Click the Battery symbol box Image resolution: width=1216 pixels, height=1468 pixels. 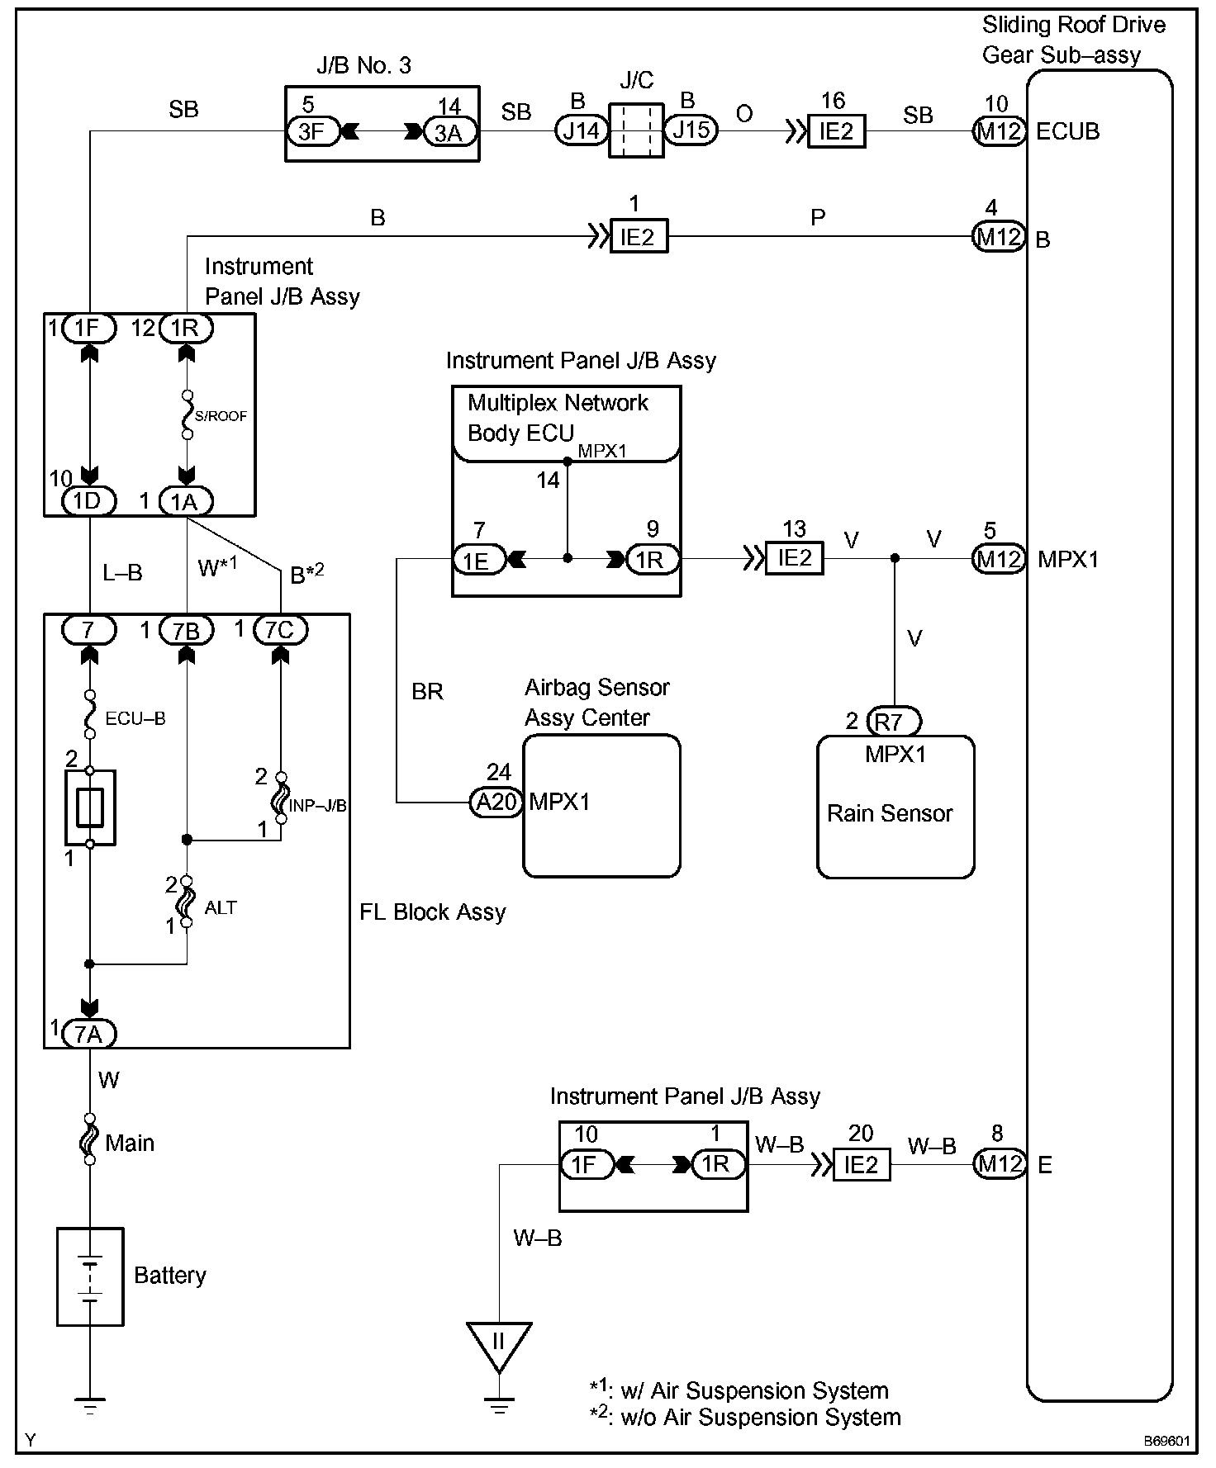(90, 1276)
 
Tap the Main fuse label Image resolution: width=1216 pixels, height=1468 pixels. (130, 1143)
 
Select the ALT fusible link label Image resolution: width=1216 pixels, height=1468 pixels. (221, 907)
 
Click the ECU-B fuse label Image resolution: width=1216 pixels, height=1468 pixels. (135, 718)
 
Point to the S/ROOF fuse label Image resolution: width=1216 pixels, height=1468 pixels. (221, 416)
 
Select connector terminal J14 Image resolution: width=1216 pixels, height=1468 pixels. (582, 130)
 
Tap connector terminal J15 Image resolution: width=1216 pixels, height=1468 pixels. (691, 130)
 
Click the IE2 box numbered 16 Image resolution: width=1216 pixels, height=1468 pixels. (836, 131)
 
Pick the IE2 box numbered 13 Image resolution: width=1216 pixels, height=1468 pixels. (795, 558)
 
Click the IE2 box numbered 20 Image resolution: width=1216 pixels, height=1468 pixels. (861, 1164)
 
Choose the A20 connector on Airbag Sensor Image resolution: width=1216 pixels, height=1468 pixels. (496, 802)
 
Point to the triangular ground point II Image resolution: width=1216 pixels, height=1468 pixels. (498, 1342)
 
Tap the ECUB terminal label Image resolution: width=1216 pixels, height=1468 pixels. (1067, 132)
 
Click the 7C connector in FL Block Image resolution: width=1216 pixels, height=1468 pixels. (280, 631)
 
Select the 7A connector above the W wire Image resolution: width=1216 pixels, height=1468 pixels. (88, 1033)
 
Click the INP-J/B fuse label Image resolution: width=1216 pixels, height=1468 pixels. (319, 805)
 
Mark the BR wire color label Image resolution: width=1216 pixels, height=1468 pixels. (427, 691)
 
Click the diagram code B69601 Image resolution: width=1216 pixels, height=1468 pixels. (1166, 1442)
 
